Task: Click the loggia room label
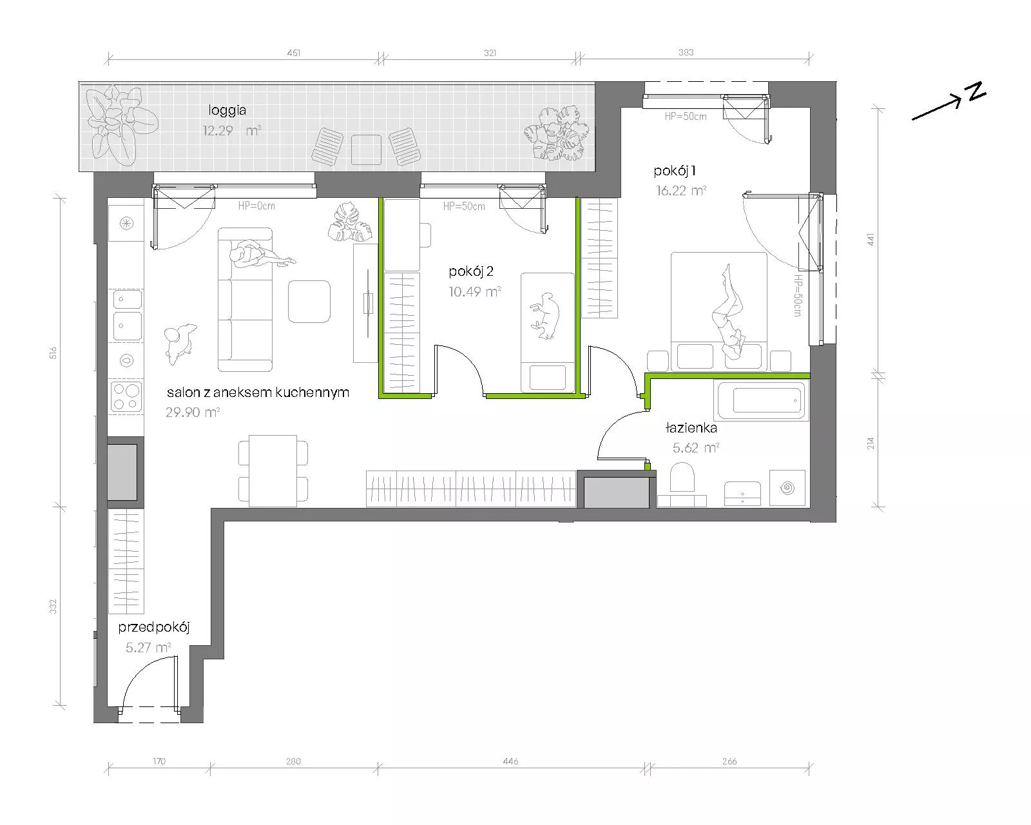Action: point(227,110)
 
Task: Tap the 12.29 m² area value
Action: point(232,130)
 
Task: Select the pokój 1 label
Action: point(675,171)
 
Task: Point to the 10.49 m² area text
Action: point(474,291)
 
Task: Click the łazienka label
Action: point(691,427)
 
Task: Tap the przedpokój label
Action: point(154,628)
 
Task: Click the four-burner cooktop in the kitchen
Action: point(126,396)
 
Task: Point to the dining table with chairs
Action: point(273,471)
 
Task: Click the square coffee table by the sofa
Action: point(309,302)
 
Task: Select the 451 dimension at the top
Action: point(294,53)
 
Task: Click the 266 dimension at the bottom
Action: point(729,761)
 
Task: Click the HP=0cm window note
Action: point(257,206)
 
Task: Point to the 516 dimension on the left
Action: point(53,353)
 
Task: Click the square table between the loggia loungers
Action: point(366,150)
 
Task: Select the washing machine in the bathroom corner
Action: point(787,488)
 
